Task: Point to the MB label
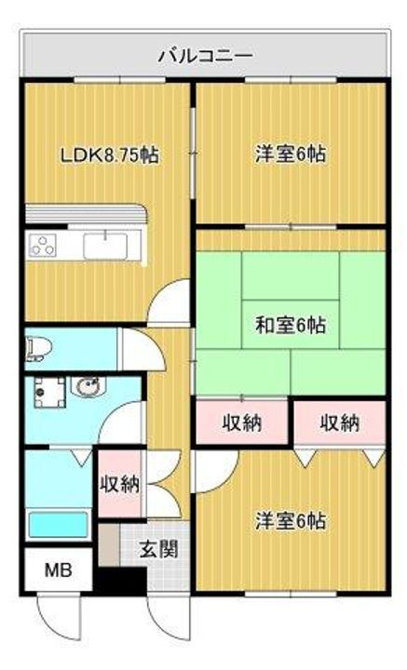pos(58,570)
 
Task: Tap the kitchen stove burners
pos(44,246)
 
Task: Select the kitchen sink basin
pos(103,247)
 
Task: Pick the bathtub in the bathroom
pos(58,524)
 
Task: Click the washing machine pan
pos(45,394)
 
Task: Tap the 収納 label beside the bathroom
pos(120,484)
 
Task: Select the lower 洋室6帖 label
pos(291,521)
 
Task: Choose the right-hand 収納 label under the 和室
pos(340,423)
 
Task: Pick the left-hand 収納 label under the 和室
pos(241,423)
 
